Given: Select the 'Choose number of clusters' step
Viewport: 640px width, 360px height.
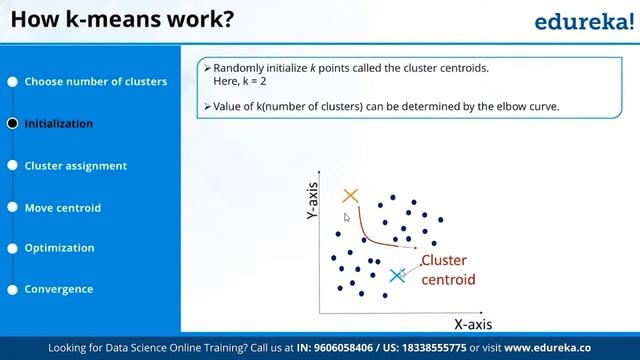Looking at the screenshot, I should point(95,82).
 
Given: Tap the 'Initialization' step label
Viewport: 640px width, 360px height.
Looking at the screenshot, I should point(59,124).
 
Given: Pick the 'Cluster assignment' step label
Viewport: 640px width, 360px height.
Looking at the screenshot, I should point(76,166).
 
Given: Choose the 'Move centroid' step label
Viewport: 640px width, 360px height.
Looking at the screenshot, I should point(63,208).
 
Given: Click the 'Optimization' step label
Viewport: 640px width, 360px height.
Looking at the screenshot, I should point(59,248).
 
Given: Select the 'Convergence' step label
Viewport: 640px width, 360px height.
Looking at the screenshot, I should point(59,289).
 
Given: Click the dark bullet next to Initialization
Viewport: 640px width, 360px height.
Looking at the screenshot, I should point(12,124).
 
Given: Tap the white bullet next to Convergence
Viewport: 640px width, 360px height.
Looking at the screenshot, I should point(12,289).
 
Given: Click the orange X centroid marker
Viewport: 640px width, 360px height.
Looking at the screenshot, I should point(350,197).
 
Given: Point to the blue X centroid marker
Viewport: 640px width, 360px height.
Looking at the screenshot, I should point(397,274).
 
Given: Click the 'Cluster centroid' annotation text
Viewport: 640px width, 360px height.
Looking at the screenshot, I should point(447,270).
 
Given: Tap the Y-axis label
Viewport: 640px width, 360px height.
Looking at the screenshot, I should point(312,201).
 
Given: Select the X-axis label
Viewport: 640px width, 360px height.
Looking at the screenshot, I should point(474,324).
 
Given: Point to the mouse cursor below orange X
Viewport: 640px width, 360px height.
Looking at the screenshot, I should point(347,216).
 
